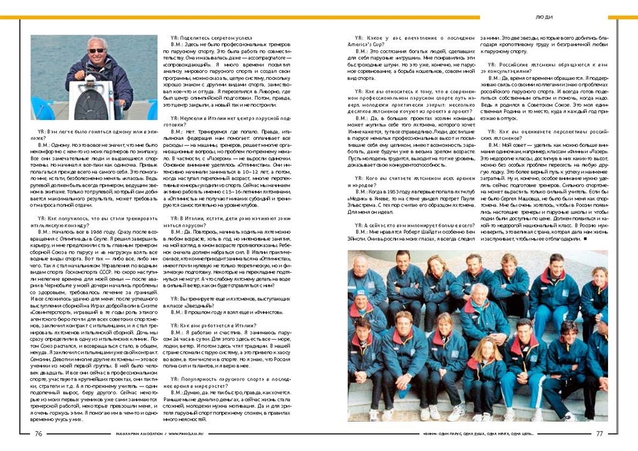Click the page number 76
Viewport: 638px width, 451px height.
pos(38,432)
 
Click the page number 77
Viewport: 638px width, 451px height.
pos(599,432)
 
